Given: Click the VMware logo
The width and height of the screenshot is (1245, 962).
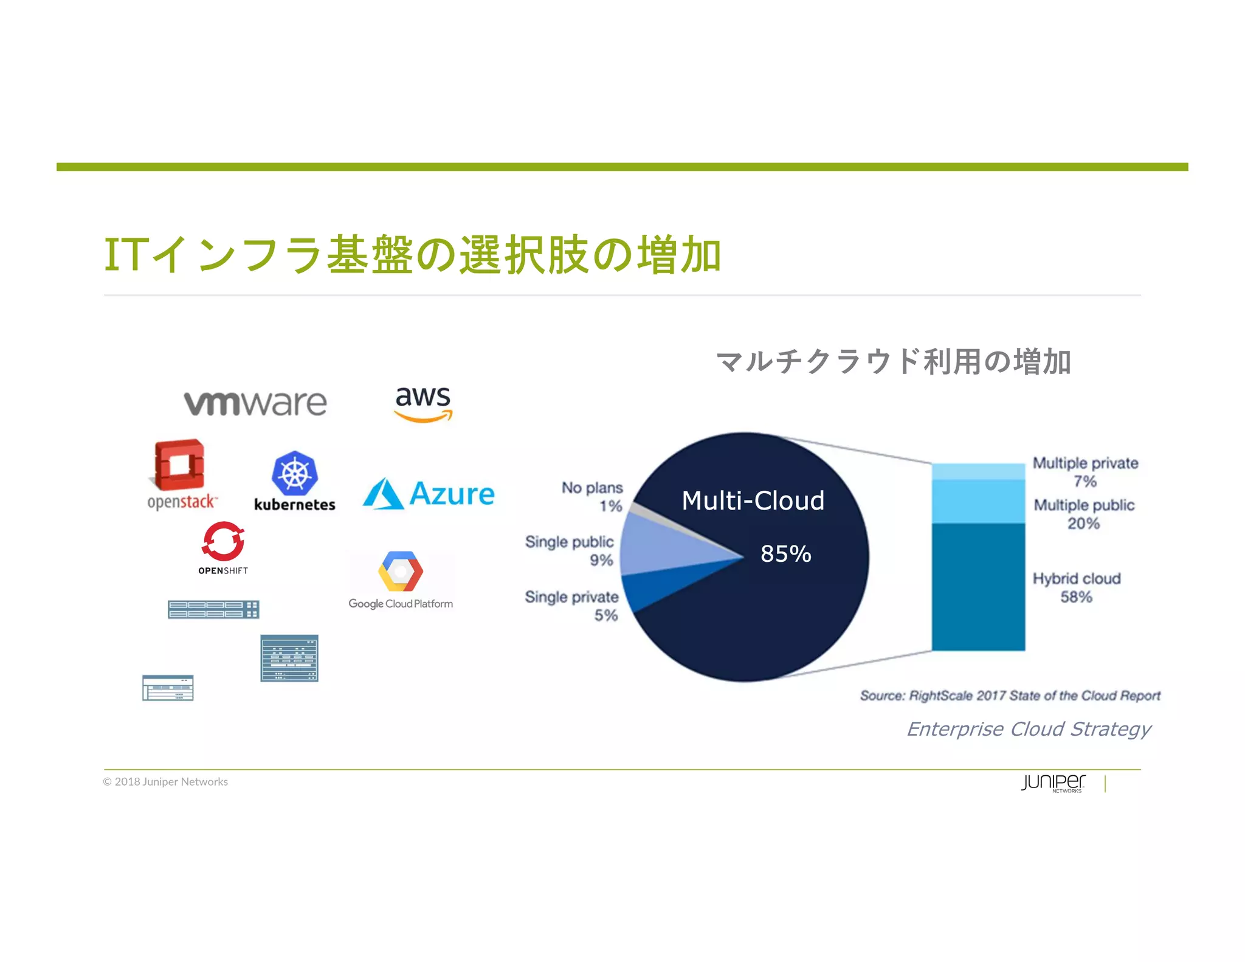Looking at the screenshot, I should pyautogui.click(x=255, y=403).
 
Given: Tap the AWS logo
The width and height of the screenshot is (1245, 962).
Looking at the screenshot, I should pyautogui.click(x=423, y=403).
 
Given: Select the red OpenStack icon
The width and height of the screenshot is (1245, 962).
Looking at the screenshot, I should pyautogui.click(x=179, y=465).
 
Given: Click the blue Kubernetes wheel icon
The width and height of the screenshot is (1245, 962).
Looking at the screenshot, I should pyautogui.click(x=295, y=473).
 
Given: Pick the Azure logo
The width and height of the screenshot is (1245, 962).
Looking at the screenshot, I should pyautogui.click(x=429, y=493).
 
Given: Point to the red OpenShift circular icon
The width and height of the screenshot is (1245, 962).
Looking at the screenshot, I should pyautogui.click(x=223, y=541).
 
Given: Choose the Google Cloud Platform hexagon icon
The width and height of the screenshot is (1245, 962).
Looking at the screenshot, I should pyautogui.click(x=401, y=571).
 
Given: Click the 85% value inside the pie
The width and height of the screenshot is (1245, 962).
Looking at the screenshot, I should pyautogui.click(x=785, y=554).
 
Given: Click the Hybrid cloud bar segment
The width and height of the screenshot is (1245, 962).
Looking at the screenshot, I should pyautogui.click(x=978, y=587).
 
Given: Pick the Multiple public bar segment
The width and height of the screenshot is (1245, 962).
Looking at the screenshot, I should pyautogui.click(x=978, y=502).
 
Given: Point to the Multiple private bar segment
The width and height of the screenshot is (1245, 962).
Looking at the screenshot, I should pyautogui.click(x=978, y=472).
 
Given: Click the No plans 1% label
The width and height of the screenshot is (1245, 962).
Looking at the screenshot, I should pyautogui.click(x=593, y=497).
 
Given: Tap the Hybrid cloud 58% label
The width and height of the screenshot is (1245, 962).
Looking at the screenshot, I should pyautogui.click(x=1077, y=587).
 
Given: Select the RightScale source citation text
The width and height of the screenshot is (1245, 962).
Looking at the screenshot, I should pyautogui.click(x=1010, y=696).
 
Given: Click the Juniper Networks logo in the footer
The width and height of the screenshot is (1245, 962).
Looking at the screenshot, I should pyautogui.click(x=1053, y=783).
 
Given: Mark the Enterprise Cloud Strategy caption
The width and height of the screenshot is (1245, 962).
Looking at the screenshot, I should pyautogui.click(x=1029, y=728).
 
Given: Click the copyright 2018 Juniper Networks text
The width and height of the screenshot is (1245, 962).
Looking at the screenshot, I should pyautogui.click(x=165, y=782).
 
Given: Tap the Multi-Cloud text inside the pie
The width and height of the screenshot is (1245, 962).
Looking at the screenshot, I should pyautogui.click(x=753, y=501).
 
